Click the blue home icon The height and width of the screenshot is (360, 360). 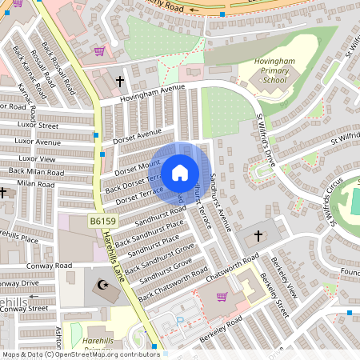click(180, 171)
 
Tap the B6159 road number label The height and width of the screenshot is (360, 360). click(102, 220)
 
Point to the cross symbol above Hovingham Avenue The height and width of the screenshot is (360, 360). click(120, 82)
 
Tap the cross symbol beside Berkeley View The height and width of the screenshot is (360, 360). click(258, 236)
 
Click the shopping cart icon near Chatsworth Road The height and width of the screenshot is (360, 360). click(222, 297)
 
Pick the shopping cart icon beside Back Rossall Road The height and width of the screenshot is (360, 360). click(99, 51)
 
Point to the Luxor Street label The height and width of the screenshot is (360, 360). click(38, 126)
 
